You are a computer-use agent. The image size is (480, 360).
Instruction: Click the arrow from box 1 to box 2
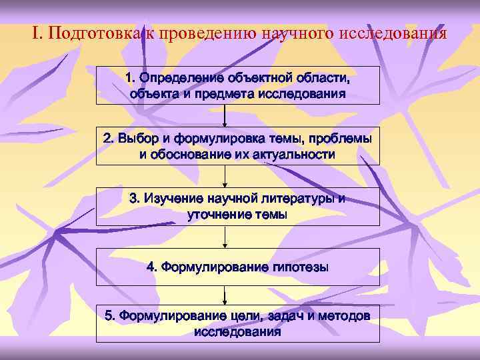click(225, 115)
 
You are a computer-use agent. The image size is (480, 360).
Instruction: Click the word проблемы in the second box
click(343, 139)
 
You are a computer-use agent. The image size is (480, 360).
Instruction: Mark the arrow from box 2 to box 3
click(225, 176)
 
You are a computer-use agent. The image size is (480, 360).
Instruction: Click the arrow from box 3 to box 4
click(225, 237)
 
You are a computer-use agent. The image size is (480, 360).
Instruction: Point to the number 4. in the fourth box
click(152, 267)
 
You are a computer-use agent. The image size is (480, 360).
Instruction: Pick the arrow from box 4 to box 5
click(225, 297)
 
